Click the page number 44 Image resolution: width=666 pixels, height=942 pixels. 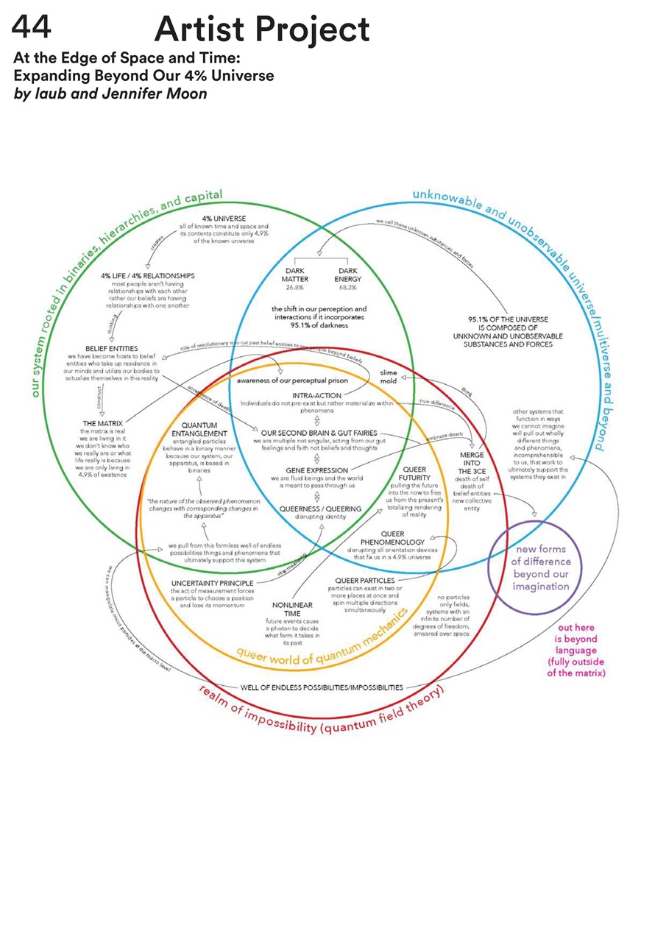click(32, 29)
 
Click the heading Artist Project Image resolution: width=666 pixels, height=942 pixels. click(262, 30)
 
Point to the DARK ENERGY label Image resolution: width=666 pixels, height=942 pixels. click(347, 275)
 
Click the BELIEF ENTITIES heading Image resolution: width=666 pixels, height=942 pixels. click(111, 348)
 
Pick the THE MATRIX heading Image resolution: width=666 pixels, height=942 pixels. click(102, 423)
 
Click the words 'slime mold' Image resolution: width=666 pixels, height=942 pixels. click(389, 378)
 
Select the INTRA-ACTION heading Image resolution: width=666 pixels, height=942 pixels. click(316, 395)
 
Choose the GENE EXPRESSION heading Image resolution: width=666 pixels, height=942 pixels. click(316, 470)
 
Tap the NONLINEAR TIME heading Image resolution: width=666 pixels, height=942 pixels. click(287, 609)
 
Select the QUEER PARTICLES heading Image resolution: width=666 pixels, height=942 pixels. click(364, 580)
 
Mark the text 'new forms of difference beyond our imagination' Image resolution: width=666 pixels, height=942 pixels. click(542, 567)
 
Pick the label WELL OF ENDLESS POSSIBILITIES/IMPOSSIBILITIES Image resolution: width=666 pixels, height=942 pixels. click(322, 687)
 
